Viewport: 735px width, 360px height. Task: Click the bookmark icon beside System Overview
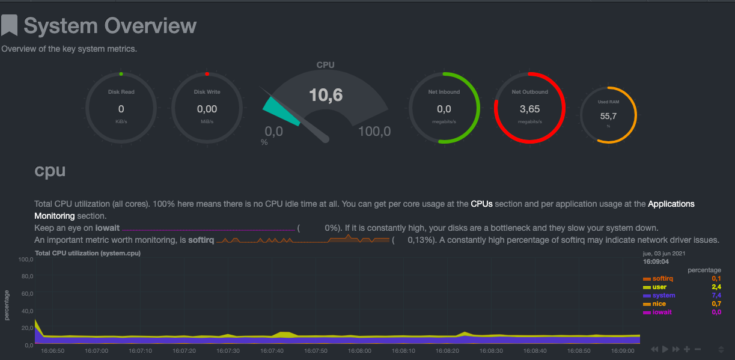tap(9, 26)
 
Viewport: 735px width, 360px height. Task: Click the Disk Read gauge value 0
tap(121, 109)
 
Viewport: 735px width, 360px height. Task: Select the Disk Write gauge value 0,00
tap(207, 109)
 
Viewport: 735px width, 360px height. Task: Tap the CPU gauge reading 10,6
tap(326, 94)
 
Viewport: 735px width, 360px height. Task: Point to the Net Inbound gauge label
tap(444, 92)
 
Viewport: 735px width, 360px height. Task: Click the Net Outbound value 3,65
tap(529, 109)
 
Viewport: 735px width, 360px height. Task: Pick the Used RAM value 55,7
tap(608, 116)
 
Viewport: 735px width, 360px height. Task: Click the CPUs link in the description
tap(481, 204)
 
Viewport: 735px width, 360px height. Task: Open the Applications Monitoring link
tap(671, 204)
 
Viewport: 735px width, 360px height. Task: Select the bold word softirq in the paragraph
tap(201, 240)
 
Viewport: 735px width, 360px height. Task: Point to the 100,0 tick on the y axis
tap(25, 260)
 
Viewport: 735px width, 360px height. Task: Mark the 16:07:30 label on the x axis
tap(228, 350)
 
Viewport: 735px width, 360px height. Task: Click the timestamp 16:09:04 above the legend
tap(656, 262)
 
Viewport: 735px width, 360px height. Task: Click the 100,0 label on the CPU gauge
tap(374, 131)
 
